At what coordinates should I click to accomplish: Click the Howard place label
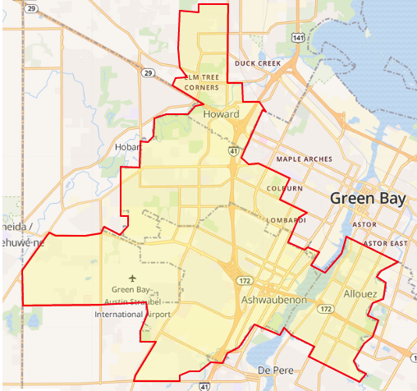tap(221, 114)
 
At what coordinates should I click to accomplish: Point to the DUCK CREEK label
tap(258, 62)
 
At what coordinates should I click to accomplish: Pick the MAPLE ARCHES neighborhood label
tap(305, 159)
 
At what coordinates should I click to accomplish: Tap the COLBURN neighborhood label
tap(285, 188)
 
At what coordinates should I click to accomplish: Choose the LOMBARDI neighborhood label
tap(286, 220)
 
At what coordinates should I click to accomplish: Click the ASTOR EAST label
tap(388, 244)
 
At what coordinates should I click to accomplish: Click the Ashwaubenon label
tap(274, 301)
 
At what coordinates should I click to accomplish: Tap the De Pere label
tap(275, 369)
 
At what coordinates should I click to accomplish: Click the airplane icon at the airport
tap(134, 277)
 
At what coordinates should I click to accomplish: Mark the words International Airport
tap(132, 315)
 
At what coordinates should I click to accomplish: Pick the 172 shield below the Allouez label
tap(326, 309)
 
